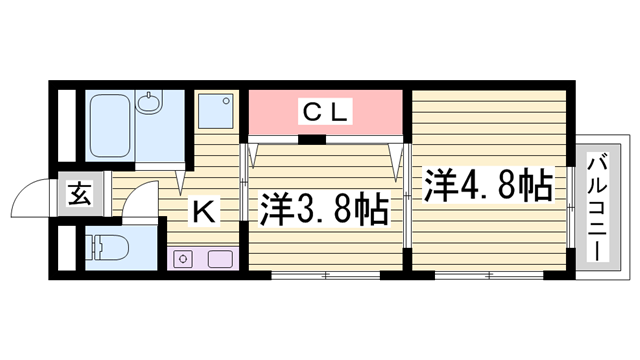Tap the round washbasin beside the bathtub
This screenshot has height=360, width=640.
coord(151,103)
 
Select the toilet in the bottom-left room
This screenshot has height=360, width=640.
coord(104,247)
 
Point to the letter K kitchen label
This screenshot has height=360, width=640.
coord(203,211)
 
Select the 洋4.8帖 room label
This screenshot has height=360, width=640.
coord(488,185)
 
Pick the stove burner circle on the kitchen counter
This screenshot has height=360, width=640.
coord(183,261)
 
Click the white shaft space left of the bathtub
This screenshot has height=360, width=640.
coord(65,126)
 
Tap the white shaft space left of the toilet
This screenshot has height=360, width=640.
coord(66,249)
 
